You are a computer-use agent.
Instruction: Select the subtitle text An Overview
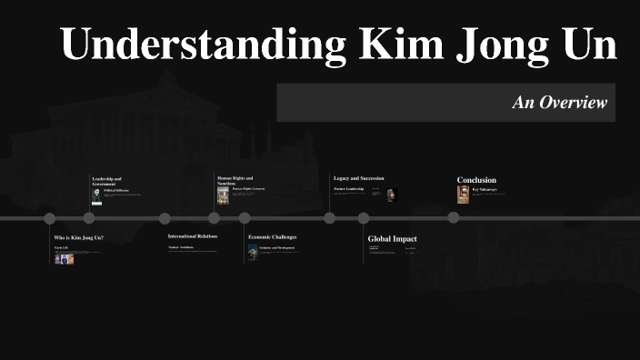coord(559,103)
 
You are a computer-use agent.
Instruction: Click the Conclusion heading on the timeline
coord(476,180)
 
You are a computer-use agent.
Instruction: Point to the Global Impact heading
coord(392,239)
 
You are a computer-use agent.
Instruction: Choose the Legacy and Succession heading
coord(358,177)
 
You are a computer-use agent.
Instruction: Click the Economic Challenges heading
coord(272,236)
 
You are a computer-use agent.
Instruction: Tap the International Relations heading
coord(193,235)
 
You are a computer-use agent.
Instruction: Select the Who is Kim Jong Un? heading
coord(78,237)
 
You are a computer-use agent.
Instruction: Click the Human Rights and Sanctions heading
coord(235,180)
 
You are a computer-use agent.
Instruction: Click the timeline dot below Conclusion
coord(454,217)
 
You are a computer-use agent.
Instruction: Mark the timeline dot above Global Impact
coord(364,218)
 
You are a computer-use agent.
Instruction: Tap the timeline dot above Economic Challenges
coord(245,218)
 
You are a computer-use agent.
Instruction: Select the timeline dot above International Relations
coord(165,218)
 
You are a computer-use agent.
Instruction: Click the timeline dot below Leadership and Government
coord(89,218)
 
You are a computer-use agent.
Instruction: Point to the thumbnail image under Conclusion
coord(463,195)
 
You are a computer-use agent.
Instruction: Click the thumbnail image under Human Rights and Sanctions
coord(223,195)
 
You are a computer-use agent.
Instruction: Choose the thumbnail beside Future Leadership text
coord(392,195)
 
